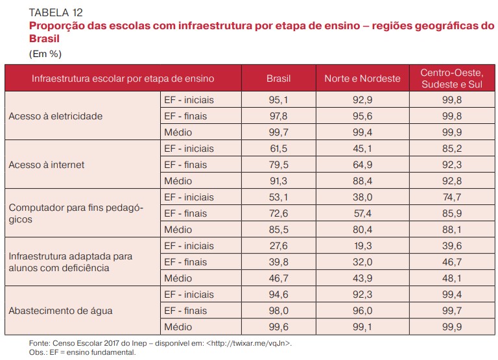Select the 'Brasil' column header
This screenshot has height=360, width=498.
pyautogui.click(x=279, y=78)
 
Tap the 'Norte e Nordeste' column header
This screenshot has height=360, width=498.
pyautogui.click(x=362, y=78)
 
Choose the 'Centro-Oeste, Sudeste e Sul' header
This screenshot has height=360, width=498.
pyautogui.click(x=451, y=78)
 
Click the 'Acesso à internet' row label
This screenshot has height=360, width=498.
pyautogui.click(x=47, y=165)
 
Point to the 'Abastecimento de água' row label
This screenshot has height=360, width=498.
pyautogui.click(x=60, y=311)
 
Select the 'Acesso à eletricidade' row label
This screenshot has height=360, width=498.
pyautogui.click(x=56, y=116)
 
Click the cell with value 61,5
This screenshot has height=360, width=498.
pyautogui.click(x=279, y=149)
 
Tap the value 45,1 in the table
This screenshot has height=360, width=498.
pyautogui.click(x=362, y=149)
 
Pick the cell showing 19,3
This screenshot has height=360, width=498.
pyautogui.click(x=362, y=246)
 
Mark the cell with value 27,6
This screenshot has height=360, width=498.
pyautogui.click(x=279, y=246)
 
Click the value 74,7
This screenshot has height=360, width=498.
pyautogui.click(x=451, y=197)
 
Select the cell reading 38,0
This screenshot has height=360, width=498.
pyautogui.click(x=362, y=197)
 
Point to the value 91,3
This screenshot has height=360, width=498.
pyautogui.click(x=279, y=181)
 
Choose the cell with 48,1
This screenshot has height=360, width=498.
pyautogui.click(x=451, y=278)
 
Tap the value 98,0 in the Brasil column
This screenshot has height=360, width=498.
pyautogui.click(x=279, y=311)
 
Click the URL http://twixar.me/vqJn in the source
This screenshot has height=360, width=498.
pyautogui.click(x=248, y=342)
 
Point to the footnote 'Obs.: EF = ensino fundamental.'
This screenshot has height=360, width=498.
pyautogui.click(x=82, y=352)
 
